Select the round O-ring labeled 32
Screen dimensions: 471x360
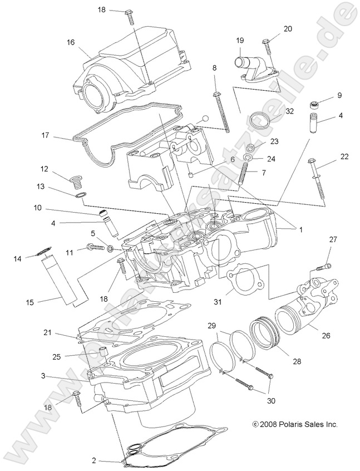coord(258,120)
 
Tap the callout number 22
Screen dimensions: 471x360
coord(344,156)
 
